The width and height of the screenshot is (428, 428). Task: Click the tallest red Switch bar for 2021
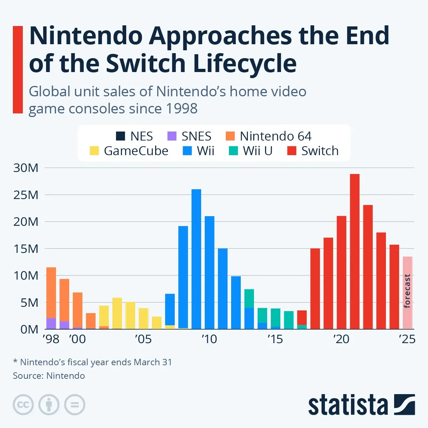[x=355, y=251]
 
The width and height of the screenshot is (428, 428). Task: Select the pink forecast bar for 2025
[x=407, y=292]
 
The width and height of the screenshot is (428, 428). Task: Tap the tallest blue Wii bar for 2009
[x=196, y=259]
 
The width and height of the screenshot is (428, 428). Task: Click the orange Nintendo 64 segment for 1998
[x=51, y=292]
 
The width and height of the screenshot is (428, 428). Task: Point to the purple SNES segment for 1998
[x=51, y=323]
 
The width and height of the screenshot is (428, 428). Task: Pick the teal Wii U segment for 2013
[x=249, y=298]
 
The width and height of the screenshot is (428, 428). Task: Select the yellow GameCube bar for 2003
[x=117, y=313]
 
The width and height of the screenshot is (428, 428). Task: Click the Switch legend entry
[x=313, y=151]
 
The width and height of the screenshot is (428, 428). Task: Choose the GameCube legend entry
[x=129, y=151]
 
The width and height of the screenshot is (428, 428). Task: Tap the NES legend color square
[x=121, y=136]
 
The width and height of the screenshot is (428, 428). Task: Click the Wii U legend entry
[x=251, y=151]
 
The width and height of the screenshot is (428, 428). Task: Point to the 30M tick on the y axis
[x=26, y=168]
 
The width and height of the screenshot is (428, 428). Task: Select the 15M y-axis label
[x=26, y=249]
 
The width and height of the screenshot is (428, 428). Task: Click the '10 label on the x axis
[x=209, y=339]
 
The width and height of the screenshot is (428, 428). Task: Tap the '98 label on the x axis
[x=51, y=339]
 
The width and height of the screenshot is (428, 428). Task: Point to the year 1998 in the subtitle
[x=181, y=108]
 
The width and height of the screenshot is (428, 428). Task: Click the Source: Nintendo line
[x=49, y=376]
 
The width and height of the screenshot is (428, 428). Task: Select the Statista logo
[x=361, y=405]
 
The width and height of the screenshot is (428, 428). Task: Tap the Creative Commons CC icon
[x=23, y=405]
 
